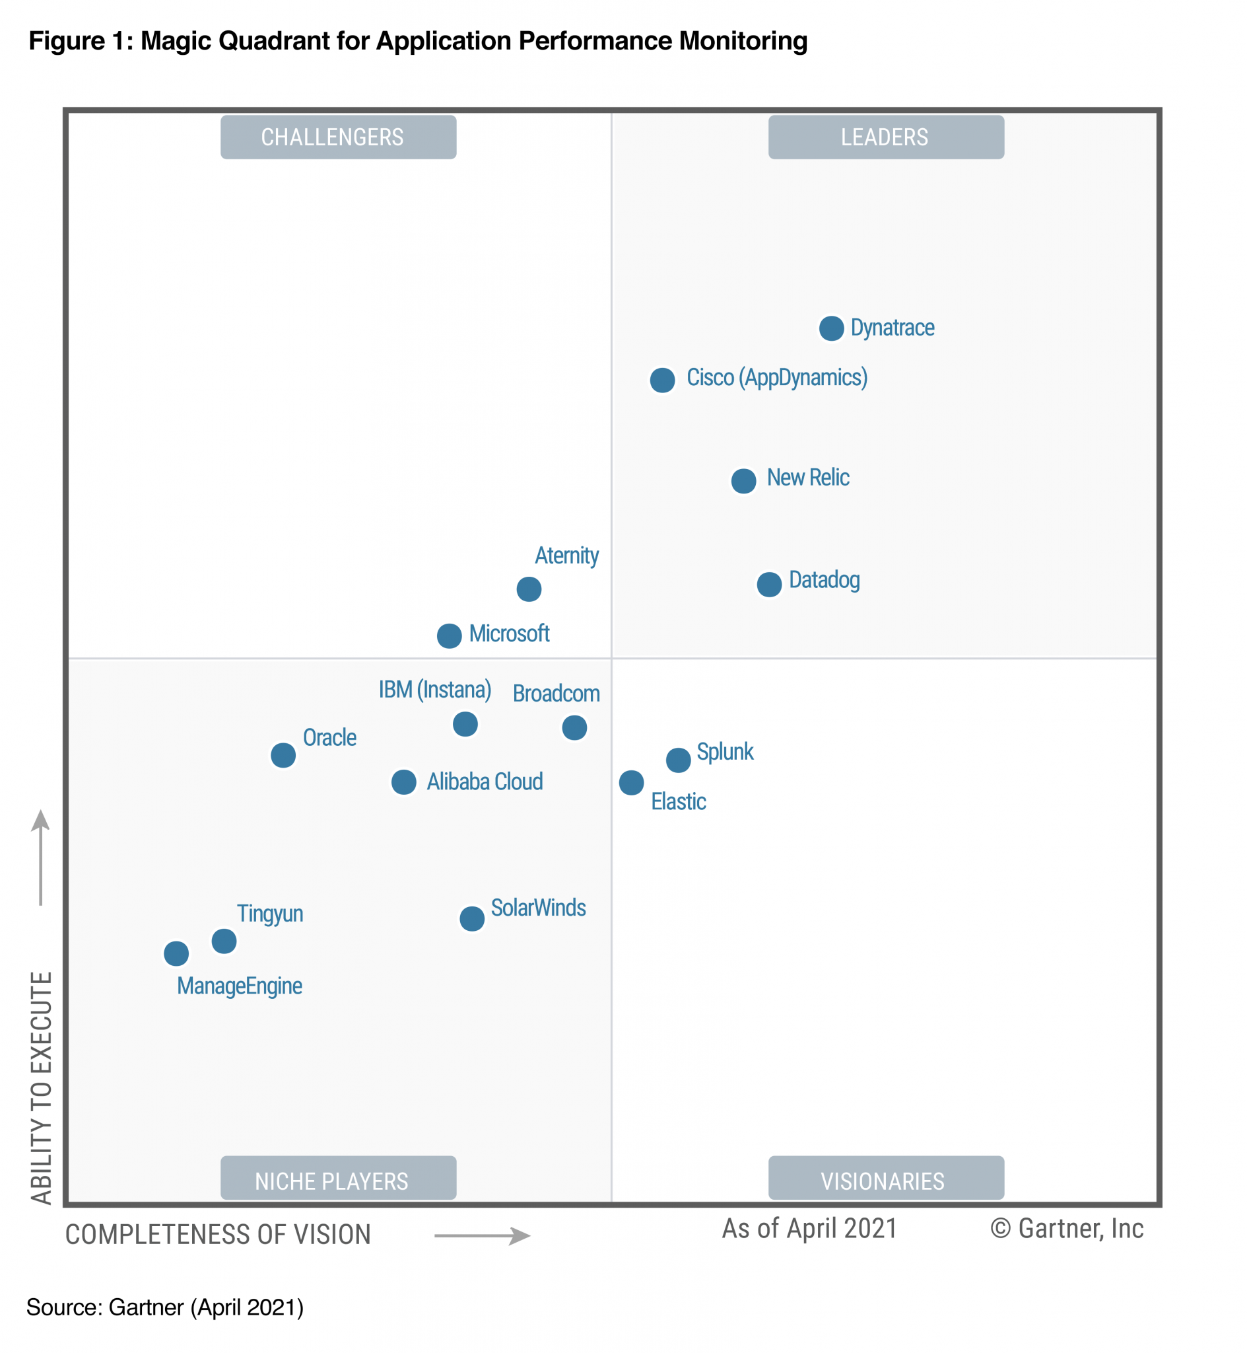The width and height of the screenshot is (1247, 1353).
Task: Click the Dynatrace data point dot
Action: coord(831,329)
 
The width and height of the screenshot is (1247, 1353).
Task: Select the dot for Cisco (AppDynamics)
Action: coord(662,380)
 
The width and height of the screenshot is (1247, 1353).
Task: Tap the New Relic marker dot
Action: coord(743,481)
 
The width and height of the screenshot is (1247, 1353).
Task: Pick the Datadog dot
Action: coord(769,584)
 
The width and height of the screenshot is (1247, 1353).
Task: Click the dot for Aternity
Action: coord(529,589)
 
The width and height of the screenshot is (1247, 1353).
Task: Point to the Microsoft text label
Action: coord(509,634)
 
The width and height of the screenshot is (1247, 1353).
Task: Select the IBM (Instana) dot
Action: coord(465,724)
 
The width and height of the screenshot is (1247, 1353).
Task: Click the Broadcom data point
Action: coord(574,727)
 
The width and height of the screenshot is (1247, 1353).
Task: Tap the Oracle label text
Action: coord(329,737)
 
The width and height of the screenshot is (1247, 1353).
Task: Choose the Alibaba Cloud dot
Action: coord(403,782)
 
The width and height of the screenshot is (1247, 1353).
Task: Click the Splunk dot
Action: coord(678,760)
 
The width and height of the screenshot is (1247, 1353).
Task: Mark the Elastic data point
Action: coord(631,782)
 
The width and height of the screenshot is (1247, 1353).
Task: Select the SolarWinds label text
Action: coord(538,908)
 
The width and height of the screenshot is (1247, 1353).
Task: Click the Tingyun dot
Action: coord(224,941)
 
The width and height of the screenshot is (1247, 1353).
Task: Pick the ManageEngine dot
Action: coord(176,953)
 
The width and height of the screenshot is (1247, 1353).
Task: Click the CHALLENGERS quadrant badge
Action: coord(338,137)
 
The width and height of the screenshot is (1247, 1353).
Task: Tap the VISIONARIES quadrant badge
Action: coord(885,1181)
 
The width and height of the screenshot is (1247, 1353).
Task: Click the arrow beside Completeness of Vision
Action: coord(482,1235)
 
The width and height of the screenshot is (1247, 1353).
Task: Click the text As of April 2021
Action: coord(809,1228)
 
